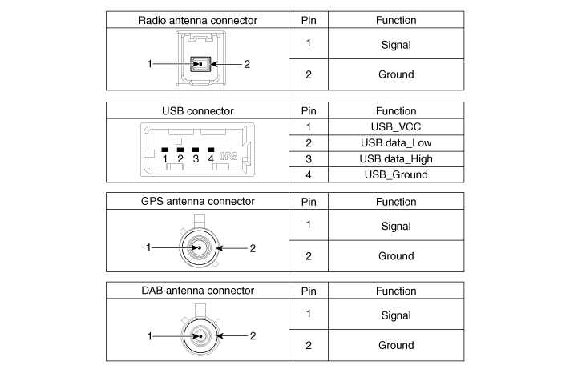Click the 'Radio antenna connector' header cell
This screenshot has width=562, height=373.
[x=198, y=21]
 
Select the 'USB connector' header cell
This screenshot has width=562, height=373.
[x=198, y=111]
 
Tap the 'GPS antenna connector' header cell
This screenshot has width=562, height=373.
[x=198, y=202]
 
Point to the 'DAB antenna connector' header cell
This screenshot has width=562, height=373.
[x=198, y=291]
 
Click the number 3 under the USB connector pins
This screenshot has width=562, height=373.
[x=196, y=158]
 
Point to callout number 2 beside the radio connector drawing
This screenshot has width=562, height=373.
[x=247, y=64]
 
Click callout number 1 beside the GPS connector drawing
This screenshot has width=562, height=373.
[x=148, y=248]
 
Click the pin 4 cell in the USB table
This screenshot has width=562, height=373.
[x=308, y=174]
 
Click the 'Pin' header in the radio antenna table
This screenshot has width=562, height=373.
[x=308, y=21]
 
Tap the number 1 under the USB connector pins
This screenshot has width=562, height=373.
[x=164, y=158]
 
